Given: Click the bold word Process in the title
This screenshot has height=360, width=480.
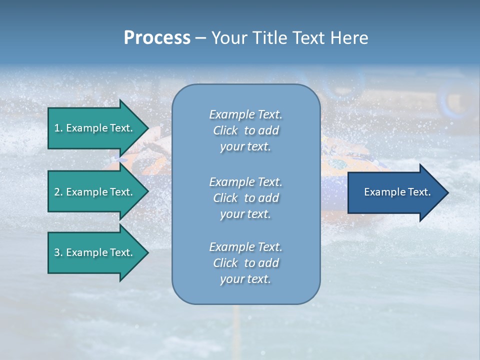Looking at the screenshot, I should coord(157,38).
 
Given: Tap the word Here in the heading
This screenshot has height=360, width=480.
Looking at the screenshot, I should coord(349,38).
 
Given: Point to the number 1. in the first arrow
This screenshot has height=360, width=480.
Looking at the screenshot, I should coord(58,128).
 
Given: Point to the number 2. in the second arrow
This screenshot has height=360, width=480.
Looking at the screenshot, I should coord(58,192).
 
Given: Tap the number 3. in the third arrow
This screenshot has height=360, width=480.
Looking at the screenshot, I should coord(58,252).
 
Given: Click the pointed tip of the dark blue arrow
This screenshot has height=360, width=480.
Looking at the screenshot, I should coord(446,192).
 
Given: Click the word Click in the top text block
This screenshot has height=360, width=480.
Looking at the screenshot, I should coord(225,130).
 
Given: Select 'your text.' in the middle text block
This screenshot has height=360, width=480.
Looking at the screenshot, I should coord(245,214).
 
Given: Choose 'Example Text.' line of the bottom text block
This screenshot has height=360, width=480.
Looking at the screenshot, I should coord(245,246).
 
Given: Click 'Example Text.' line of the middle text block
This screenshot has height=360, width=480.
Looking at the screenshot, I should coord(245,181).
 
